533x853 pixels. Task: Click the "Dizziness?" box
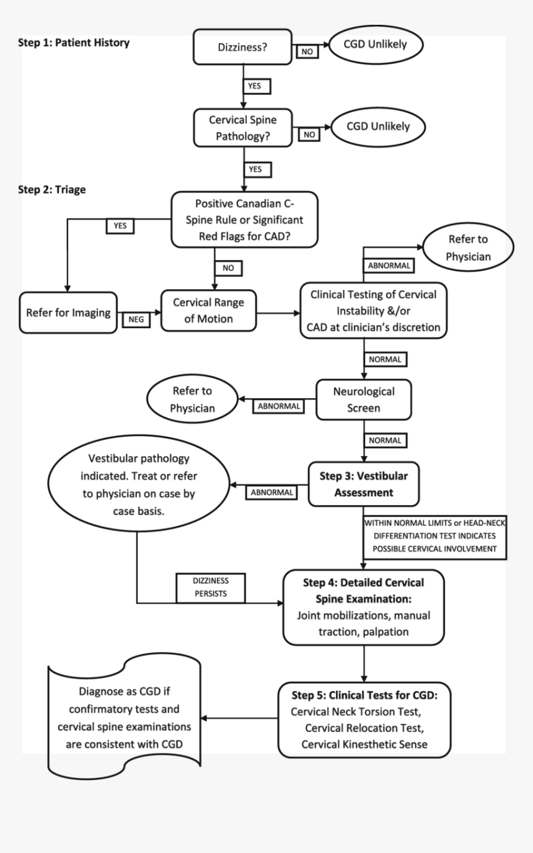(x=243, y=47)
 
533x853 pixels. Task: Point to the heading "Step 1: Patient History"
(x=74, y=43)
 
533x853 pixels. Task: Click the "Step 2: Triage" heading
(x=52, y=190)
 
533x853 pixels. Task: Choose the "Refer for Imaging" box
(x=68, y=313)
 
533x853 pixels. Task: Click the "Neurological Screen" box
(x=363, y=400)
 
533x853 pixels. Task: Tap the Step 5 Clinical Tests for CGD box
(x=363, y=718)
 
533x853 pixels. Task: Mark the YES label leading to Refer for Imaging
(x=120, y=226)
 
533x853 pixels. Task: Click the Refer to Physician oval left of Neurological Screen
(x=192, y=400)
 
